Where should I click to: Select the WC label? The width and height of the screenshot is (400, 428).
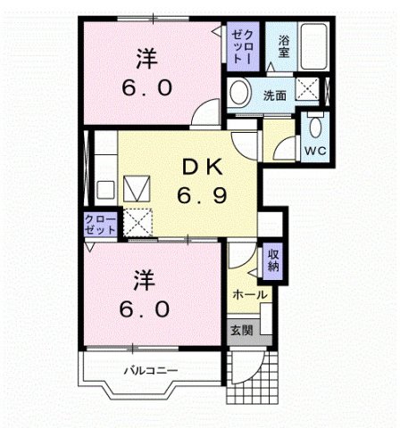(x=315, y=151)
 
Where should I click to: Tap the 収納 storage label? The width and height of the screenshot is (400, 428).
(x=273, y=260)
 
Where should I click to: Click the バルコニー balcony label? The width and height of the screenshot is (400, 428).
(x=151, y=369)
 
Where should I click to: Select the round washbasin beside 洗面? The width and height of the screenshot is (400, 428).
(x=238, y=92)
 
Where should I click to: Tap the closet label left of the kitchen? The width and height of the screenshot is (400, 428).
(x=100, y=225)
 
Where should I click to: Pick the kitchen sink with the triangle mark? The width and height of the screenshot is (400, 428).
(x=138, y=188)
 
